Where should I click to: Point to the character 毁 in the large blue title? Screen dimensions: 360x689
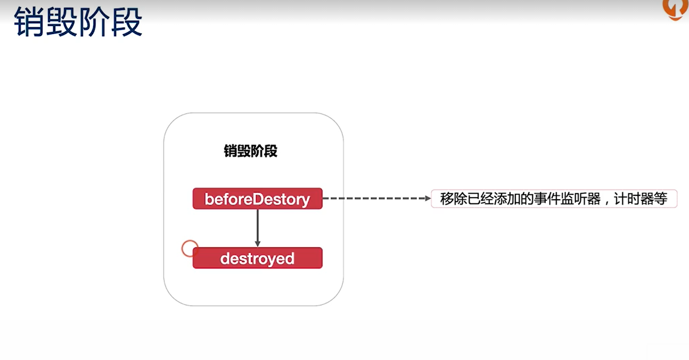[62, 22]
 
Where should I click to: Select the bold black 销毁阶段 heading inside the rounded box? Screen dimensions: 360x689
[250, 151]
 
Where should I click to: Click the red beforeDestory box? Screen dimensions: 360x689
[257, 199]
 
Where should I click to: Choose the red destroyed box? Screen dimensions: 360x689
[257, 258]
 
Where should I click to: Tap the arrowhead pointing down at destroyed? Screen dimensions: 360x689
[257, 243]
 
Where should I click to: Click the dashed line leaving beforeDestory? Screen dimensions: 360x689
[373, 199]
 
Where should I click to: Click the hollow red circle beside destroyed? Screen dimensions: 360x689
[190, 248]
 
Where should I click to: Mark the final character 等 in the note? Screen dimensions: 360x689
[660, 199]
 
